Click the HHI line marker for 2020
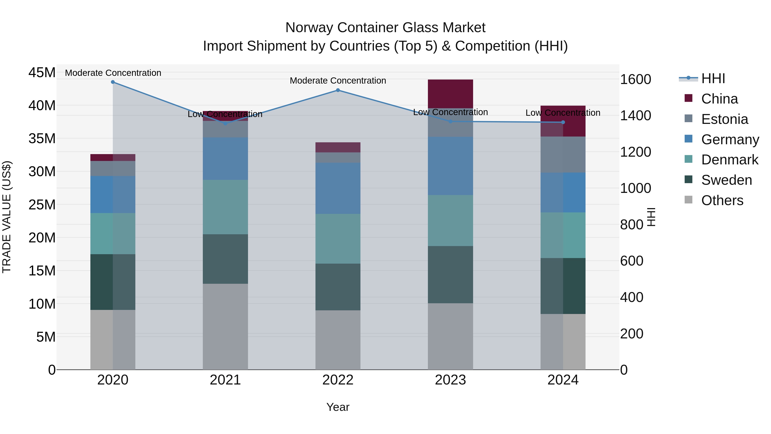tap(113, 82)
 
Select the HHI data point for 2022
tap(338, 90)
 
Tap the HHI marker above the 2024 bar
tap(563, 122)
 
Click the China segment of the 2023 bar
tap(450, 94)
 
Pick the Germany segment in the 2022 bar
tap(338, 188)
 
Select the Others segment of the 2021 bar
tap(225, 326)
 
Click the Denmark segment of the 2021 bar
tap(225, 207)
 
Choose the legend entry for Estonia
tap(724, 119)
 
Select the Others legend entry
tap(722, 200)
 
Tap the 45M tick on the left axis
tap(42, 73)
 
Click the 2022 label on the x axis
tap(338, 380)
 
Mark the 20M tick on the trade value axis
tap(42, 238)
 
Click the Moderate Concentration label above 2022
tap(338, 81)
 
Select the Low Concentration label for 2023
tap(450, 112)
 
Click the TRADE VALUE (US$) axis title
tap(7, 217)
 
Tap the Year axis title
tap(338, 407)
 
